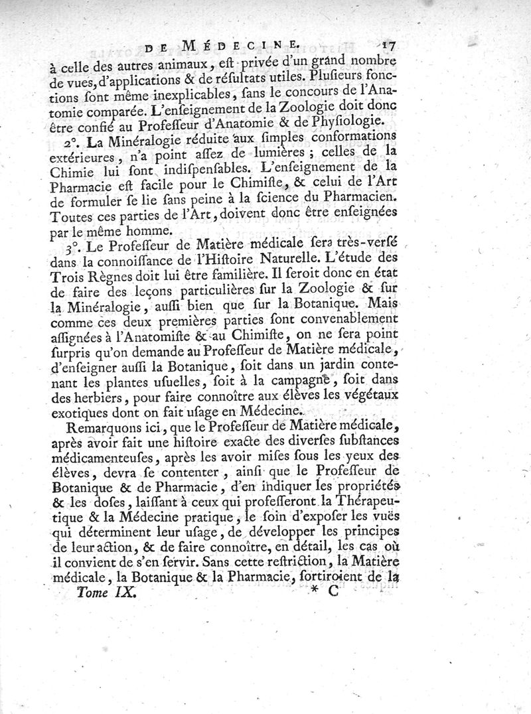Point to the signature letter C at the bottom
coord(333,595)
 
